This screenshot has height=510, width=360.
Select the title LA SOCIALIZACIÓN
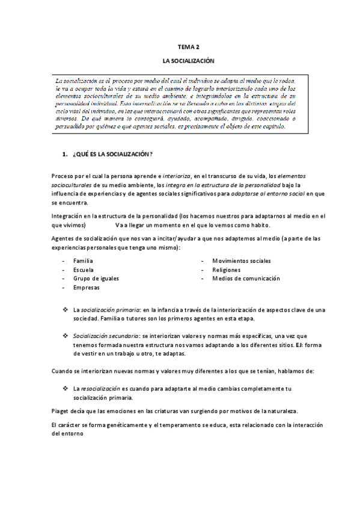pyautogui.click(x=189, y=61)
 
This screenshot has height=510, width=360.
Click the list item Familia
pyautogui.click(x=83, y=261)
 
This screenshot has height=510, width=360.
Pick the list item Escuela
pyautogui.click(x=83, y=270)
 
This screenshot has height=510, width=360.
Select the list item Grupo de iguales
pyautogui.click(x=96, y=278)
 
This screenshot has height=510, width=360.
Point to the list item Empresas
pyautogui.click(x=87, y=288)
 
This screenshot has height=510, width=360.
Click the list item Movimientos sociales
pyautogui.click(x=242, y=261)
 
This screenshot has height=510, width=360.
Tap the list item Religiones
pyautogui.click(x=226, y=270)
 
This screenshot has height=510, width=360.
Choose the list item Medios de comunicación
pyautogui.click(x=246, y=278)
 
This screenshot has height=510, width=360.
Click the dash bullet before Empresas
pyautogui.click(x=64, y=288)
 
